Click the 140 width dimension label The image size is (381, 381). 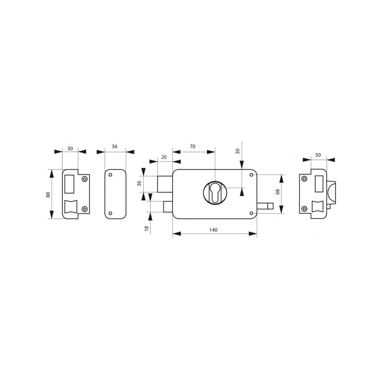tap(213, 230)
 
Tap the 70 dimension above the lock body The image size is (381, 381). tap(192, 147)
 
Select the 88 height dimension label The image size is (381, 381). tap(48, 195)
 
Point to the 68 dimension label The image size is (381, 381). tap(278, 191)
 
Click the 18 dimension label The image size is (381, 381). tap(147, 229)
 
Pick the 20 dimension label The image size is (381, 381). tap(164, 157)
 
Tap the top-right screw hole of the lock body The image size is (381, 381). tap(251, 175)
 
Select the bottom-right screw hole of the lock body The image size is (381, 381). tap(251, 213)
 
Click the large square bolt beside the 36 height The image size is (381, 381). tap(165, 184)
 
